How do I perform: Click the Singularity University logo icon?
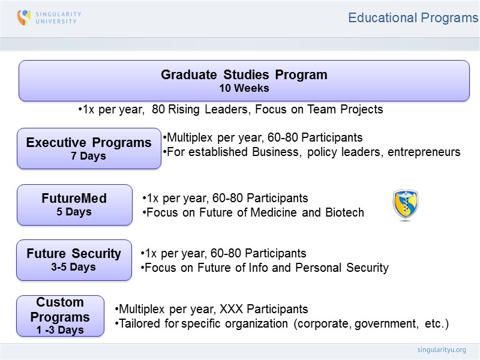(x=24, y=17)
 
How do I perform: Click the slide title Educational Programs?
(x=413, y=18)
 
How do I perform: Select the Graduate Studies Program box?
(x=244, y=80)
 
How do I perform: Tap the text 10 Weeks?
(x=244, y=88)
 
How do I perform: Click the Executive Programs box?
(x=89, y=148)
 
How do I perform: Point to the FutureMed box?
(x=74, y=205)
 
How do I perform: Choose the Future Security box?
(x=74, y=260)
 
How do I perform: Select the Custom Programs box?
(x=60, y=316)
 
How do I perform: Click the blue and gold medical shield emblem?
(x=405, y=205)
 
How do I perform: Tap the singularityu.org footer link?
(x=441, y=349)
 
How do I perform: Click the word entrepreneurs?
(x=424, y=152)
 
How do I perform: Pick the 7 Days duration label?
(x=89, y=156)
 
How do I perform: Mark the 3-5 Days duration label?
(x=74, y=268)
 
